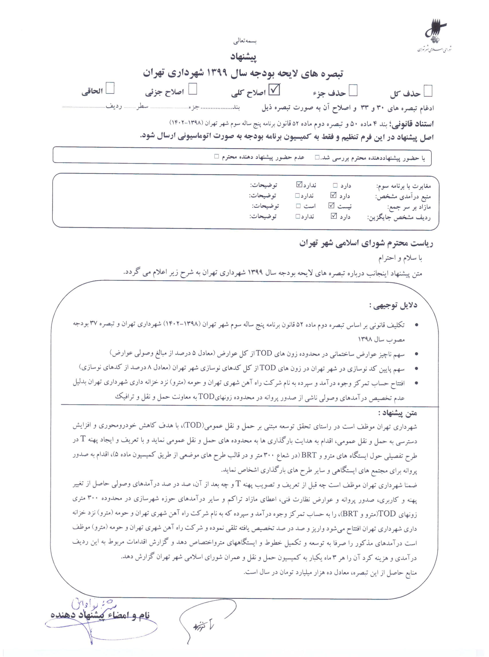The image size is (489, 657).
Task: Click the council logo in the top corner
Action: [x=435, y=36]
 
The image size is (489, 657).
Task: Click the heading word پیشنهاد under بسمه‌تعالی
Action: [x=243, y=57]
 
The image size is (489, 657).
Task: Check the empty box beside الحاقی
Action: [x=110, y=88]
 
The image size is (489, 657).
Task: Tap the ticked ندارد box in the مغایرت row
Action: [x=299, y=185]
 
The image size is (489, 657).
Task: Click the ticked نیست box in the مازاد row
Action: [x=331, y=206]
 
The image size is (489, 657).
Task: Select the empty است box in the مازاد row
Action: [x=298, y=206]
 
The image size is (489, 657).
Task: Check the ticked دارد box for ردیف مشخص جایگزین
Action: [x=334, y=216]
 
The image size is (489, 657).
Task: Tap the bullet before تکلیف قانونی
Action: [x=416, y=325]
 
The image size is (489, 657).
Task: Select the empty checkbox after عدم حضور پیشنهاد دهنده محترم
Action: [x=217, y=156]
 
